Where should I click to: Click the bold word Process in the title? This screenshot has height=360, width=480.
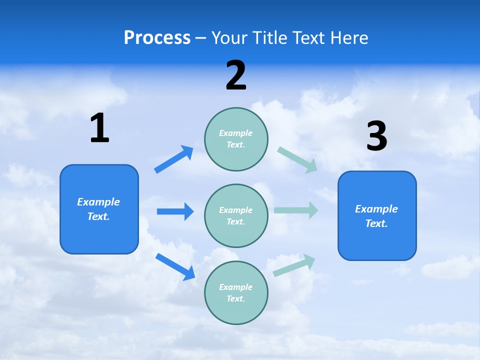[157, 38]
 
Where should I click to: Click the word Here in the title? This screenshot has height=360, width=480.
[348, 38]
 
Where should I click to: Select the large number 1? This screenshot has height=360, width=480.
[99, 128]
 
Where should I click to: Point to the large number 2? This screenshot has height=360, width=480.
[236, 75]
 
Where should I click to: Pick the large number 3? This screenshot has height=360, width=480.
[377, 136]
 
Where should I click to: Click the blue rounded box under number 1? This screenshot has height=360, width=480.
[99, 209]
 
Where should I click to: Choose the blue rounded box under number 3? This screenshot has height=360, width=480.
[377, 216]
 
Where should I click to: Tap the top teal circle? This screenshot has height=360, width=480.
[236, 139]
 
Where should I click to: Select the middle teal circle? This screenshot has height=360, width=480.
[236, 216]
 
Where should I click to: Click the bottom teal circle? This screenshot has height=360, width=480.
[236, 292]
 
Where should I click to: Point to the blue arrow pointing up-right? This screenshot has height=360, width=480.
[174, 159]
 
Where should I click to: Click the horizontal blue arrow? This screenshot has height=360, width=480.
[175, 211]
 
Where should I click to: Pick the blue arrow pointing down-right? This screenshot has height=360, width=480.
[175, 266]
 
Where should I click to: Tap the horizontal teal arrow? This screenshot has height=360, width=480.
[296, 210]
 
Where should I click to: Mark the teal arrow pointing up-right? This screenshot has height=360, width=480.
[294, 265]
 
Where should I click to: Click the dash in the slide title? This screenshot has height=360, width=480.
[200, 38]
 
